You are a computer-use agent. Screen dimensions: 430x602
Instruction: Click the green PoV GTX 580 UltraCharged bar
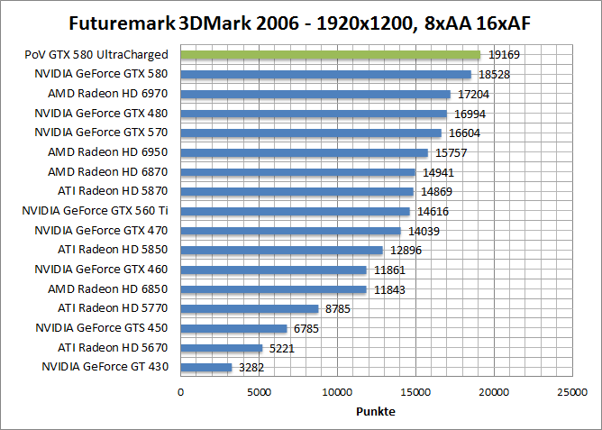pos(330,55)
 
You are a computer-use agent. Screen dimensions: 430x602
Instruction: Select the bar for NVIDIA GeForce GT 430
pos(206,367)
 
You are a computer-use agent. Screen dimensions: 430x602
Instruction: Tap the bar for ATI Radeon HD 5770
pos(250,308)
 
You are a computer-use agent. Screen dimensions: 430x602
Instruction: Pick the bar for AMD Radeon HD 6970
pos(315,94)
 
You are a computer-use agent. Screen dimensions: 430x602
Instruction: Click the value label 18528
pos(495,75)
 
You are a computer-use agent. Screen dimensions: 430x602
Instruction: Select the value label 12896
pos(406,250)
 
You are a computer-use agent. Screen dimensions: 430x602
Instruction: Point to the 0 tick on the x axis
pos(181,393)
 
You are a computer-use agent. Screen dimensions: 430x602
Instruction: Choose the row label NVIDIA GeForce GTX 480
pos(101,114)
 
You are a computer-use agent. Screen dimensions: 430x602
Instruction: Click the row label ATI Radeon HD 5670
pos(113,347)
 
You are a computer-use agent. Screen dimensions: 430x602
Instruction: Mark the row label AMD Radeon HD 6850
pos(107,288)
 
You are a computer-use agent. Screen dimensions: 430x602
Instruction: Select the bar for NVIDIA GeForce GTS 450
pos(234,328)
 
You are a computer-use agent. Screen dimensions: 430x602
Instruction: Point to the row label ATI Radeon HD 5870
pos(113,191)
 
